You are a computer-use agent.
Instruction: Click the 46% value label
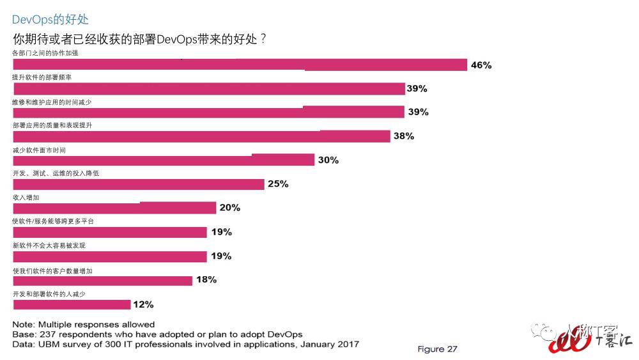click(481, 65)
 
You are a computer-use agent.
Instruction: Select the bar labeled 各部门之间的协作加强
click(240, 65)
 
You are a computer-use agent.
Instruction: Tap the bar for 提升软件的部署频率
click(209, 88)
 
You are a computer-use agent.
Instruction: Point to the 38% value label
click(403, 136)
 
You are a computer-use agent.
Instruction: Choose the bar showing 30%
click(164, 160)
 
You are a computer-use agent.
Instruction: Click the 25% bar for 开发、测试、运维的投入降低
click(139, 184)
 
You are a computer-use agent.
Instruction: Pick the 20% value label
click(229, 208)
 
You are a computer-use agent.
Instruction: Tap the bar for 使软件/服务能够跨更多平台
click(110, 232)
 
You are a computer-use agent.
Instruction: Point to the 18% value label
click(206, 279)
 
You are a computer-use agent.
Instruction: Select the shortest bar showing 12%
click(72, 304)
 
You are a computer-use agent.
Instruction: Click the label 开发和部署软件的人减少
click(49, 293)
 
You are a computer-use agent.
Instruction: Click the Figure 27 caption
click(438, 349)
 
